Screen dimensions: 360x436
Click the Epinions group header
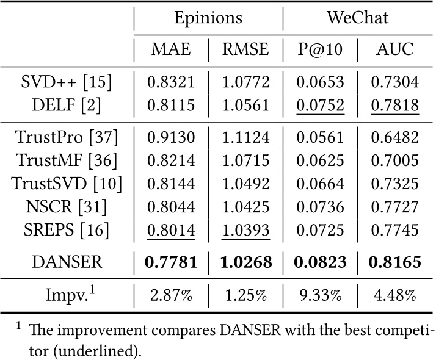pyautogui.click(x=208, y=18)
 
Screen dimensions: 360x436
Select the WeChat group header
pyautogui.click(x=357, y=18)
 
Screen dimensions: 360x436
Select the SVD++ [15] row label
pyautogui.click(x=67, y=82)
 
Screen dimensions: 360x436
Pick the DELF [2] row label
pyautogui.click(x=67, y=105)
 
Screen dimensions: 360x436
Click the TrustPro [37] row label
pyautogui.click(x=67, y=137)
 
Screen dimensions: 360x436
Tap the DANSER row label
pyautogui.click(x=67, y=263)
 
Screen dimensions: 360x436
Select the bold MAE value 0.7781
pyautogui.click(x=171, y=263)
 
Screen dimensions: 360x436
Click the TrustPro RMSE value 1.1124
pyautogui.click(x=245, y=137)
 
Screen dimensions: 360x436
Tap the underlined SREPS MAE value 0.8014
pyautogui.click(x=171, y=230)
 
